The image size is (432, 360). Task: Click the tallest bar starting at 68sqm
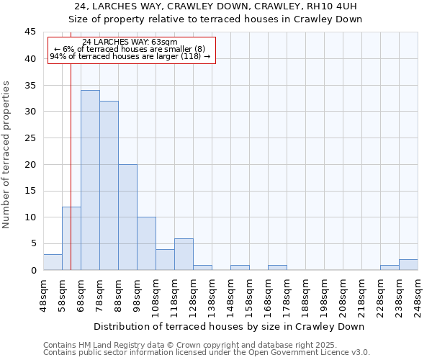click(x=90, y=180)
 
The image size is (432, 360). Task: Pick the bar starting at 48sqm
click(x=53, y=262)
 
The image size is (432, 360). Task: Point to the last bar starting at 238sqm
click(x=408, y=265)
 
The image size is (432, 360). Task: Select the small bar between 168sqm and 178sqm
click(x=277, y=268)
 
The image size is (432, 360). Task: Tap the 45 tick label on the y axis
click(x=30, y=32)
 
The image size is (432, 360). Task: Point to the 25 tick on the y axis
click(x=30, y=138)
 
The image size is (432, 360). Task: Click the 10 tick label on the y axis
click(x=30, y=217)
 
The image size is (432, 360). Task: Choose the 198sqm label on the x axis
click(x=324, y=294)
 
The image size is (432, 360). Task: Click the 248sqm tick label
click(x=418, y=294)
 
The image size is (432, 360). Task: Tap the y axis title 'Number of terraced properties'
click(x=6, y=155)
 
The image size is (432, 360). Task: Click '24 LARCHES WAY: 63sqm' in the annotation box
click(x=130, y=42)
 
